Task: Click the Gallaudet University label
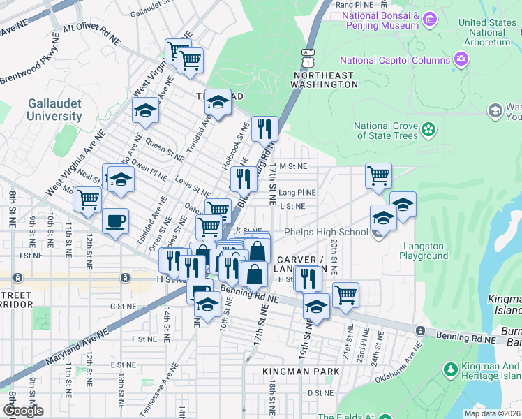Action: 54,110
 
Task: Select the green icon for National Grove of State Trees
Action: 428,130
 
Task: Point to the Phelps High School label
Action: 326,232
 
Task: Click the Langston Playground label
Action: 424,251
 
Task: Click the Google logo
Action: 24,411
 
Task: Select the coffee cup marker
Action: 116,221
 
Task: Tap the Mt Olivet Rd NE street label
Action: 91,33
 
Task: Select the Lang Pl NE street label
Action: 297,192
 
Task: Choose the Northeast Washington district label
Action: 325,79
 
